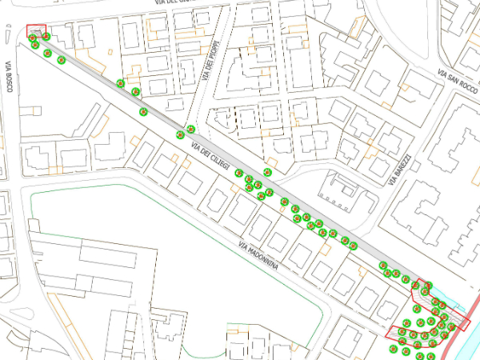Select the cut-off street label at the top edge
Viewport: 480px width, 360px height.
[175, 3]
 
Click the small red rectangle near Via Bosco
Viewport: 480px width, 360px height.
[37, 30]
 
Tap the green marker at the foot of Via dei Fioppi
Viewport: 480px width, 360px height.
[190, 128]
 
